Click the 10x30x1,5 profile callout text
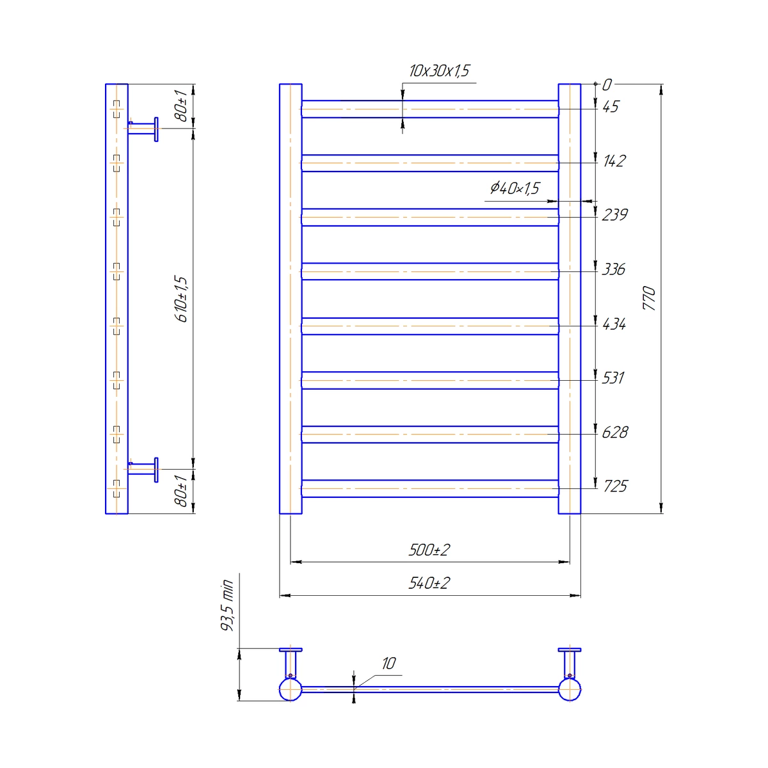click(439, 71)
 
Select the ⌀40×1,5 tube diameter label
click(515, 188)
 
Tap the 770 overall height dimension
click(649, 298)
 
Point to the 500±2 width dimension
click(429, 550)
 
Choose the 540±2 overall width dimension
click(429, 584)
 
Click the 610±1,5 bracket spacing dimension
click(181, 299)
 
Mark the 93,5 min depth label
click(227, 605)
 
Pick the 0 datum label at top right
click(607, 85)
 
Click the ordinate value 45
click(611, 107)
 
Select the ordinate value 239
click(614, 215)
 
